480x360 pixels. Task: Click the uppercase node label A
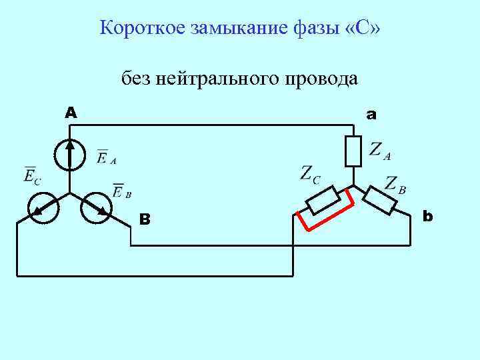(70, 113)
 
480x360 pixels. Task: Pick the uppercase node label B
(145, 219)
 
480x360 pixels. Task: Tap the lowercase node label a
(371, 115)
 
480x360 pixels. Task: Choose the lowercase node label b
(427, 216)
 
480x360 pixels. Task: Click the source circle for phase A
(69, 155)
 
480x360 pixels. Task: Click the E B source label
(121, 191)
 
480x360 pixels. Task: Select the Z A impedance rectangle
(353, 151)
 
